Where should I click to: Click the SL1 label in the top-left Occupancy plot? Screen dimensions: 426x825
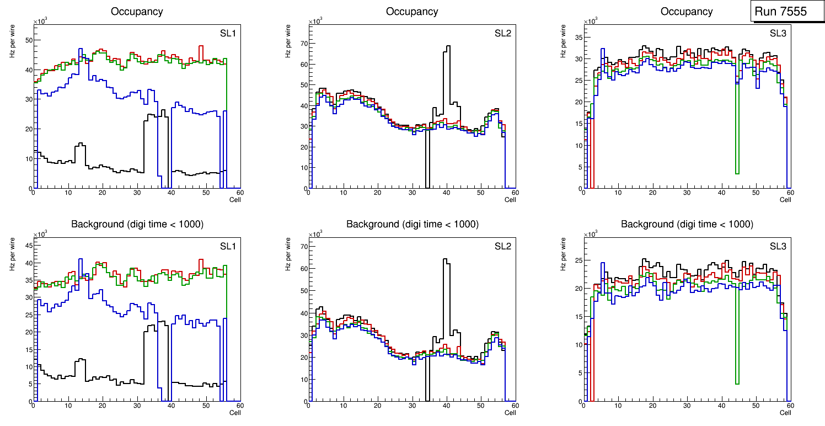tap(227, 34)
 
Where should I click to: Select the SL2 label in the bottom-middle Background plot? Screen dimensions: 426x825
tap(502, 246)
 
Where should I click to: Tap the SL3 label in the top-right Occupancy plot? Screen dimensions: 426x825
tap(778, 34)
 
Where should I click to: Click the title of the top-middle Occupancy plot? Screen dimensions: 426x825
tap(412, 12)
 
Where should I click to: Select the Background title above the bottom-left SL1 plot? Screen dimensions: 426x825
tap(137, 224)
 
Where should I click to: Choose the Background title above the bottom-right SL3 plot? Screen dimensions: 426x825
tap(687, 224)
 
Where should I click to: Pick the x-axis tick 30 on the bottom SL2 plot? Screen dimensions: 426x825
tap(411, 406)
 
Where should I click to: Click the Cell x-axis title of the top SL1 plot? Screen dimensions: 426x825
tap(235, 199)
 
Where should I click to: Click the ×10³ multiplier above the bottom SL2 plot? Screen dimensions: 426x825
tap(314, 234)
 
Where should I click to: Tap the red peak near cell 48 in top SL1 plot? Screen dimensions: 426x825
tap(201, 47)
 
